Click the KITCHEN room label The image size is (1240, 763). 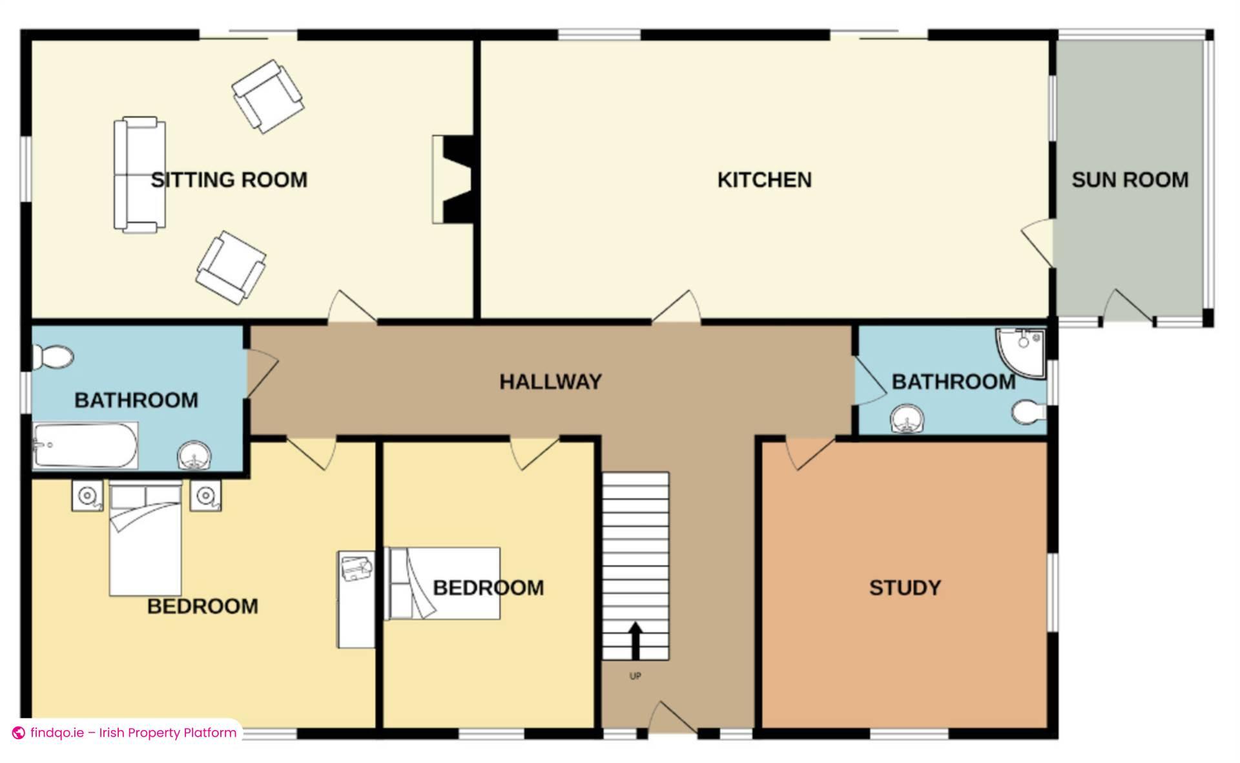[765, 180]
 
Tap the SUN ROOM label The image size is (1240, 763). [1130, 180]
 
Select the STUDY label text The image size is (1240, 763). [905, 588]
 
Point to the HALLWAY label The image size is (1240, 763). [550, 382]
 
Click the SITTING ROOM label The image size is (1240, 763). [229, 180]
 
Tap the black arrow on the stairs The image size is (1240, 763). [635, 640]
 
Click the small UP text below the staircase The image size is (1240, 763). [635, 676]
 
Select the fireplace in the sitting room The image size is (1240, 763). [454, 179]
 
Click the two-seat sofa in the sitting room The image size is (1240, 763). [139, 174]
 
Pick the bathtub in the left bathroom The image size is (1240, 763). [85, 445]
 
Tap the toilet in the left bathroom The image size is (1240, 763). [53, 357]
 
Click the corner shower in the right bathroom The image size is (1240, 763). [1020, 352]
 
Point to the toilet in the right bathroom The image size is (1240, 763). [1029, 412]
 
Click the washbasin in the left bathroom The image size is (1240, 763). [194, 455]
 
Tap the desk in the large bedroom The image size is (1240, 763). [356, 599]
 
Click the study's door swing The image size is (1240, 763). [810, 454]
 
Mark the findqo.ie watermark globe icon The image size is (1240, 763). [19, 733]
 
